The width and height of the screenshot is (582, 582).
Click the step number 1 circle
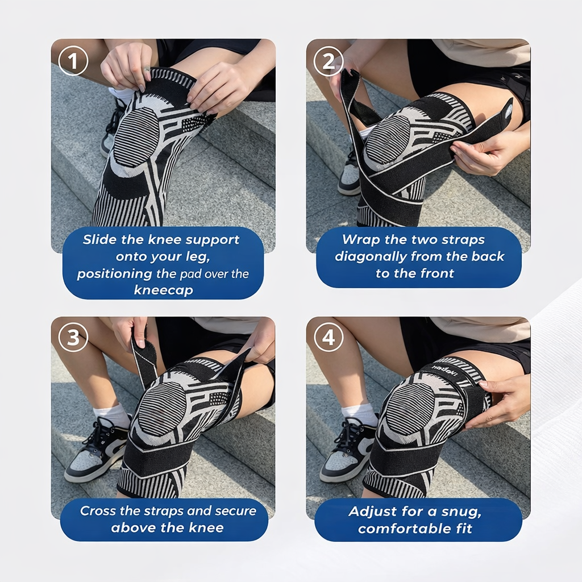coord(73,61)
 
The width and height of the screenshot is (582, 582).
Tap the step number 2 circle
coord(329,61)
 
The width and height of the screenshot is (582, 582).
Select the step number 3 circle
coord(73,338)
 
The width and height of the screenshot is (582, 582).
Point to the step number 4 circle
coord(329,338)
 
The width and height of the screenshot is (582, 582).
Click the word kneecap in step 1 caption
coord(164,290)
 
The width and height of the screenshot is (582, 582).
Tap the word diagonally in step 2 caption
coord(371,256)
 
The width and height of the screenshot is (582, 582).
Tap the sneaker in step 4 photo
coord(348,452)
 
